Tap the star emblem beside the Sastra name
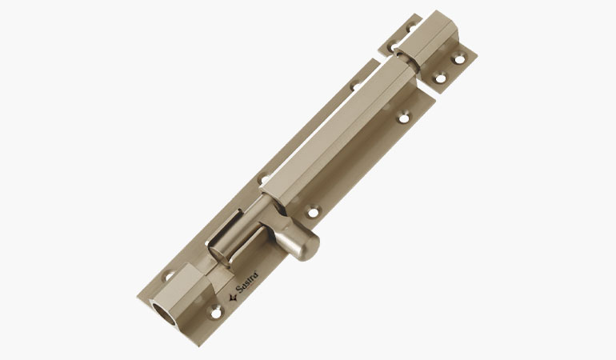point(233,296)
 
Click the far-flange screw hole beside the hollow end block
point(170,277)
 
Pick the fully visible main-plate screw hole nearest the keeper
point(403,118)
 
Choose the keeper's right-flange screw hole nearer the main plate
point(438,78)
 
